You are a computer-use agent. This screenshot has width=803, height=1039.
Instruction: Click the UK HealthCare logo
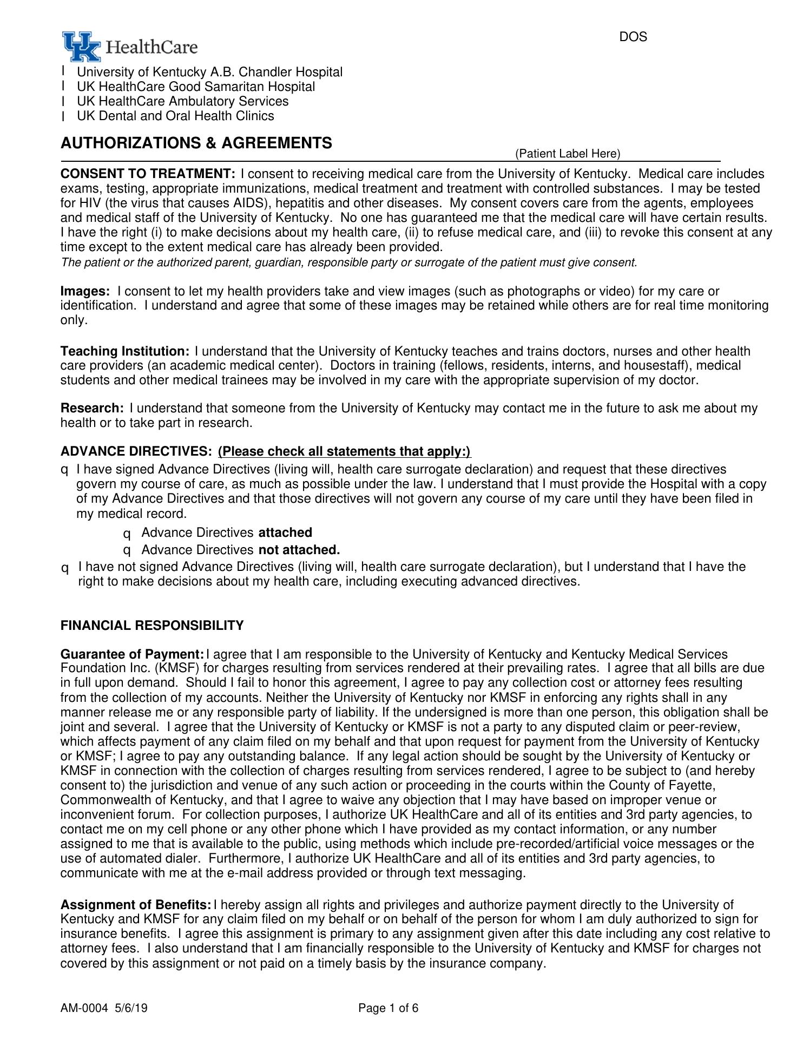coord(130,47)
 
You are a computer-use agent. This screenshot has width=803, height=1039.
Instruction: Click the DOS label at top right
coord(633,37)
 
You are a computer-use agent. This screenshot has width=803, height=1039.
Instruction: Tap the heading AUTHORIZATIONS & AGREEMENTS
coord(196,143)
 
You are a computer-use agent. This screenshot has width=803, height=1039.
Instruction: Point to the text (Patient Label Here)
coord(567,154)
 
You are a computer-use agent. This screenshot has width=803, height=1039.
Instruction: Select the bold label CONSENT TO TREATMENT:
coord(148,174)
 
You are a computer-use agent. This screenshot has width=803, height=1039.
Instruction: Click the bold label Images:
coord(85,291)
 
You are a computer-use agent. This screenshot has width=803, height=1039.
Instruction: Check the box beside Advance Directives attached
coord(127,534)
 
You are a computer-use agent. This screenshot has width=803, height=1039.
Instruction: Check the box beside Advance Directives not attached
coord(127,551)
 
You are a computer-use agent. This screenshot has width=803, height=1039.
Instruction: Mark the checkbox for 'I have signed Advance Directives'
coord(64,470)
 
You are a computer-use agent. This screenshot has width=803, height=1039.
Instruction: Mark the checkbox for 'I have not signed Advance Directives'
coord(65,568)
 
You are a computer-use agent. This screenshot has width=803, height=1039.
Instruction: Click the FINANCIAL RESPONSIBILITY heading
coord(152,626)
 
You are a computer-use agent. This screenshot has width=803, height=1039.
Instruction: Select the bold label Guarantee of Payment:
coord(132,654)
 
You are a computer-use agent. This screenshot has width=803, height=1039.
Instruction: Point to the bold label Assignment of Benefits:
coord(136,905)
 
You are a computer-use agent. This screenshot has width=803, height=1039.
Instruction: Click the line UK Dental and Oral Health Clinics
coord(175,116)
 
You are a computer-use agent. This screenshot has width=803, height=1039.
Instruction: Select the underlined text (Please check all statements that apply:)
coord(344,451)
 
